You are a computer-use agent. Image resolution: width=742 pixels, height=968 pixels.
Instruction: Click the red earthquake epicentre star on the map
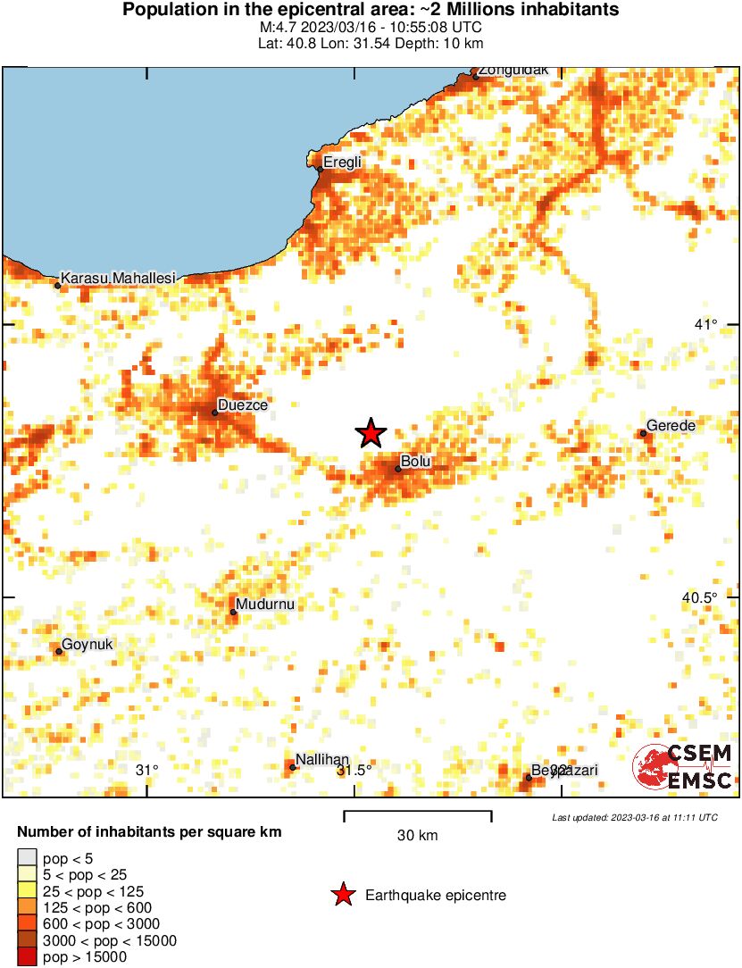coord(371,433)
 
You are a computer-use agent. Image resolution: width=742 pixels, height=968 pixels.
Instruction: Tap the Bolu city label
coord(416,462)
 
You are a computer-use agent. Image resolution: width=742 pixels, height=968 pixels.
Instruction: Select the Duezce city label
coord(243,405)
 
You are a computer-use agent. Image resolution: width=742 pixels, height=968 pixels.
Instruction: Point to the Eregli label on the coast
coord(342,162)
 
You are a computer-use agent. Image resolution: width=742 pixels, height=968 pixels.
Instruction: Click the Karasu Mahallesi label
coord(119,279)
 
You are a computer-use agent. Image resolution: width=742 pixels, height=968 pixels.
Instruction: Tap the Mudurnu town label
coord(264,605)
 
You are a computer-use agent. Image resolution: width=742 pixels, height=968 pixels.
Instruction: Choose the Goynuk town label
coord(88,644)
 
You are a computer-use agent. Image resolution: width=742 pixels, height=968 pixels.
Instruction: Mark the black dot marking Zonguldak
coord(476,77)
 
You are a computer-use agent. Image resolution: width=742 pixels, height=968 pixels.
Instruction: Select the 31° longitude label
coord(147,770)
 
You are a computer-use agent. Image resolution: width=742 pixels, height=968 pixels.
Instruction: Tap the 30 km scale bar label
coord(417,836)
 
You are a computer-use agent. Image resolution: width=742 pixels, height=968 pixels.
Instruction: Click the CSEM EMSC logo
coord(682,767)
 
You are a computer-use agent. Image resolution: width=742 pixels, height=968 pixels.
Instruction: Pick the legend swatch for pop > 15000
coord(28,957)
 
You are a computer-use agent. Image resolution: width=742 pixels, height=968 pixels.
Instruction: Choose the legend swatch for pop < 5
coord(28,859)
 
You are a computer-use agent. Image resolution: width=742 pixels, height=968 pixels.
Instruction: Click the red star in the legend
coord(342,895)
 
